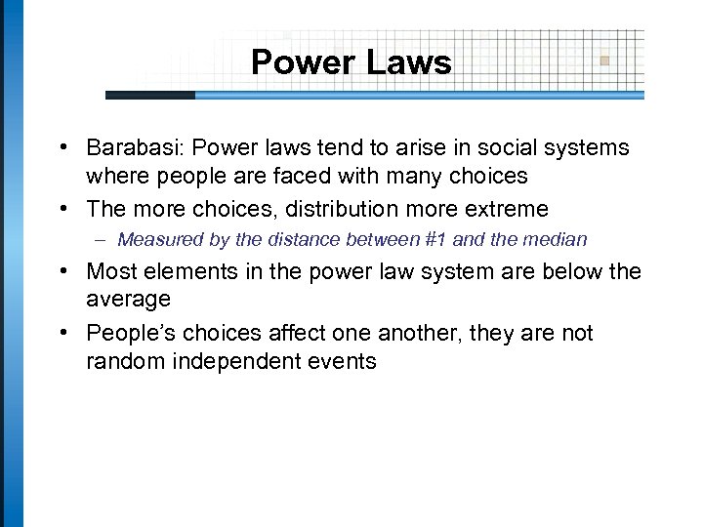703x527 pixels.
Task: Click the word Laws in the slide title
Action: [x=410, y=63]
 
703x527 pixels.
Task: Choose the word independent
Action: [x=225, y=362]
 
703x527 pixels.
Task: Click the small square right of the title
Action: [x=605, y=60]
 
